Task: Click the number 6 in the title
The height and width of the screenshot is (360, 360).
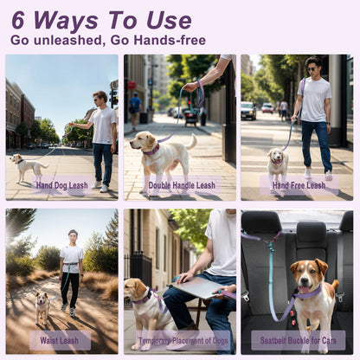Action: pos(18,20)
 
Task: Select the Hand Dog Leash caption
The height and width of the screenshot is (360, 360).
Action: pos(62,185)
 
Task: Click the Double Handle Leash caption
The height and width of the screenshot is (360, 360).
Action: pos(182,185)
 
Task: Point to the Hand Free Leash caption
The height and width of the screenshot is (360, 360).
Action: pos(299,185)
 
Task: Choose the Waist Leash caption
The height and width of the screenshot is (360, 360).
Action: pos(60,340)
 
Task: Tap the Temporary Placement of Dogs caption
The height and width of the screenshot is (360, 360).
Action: pos(183,341)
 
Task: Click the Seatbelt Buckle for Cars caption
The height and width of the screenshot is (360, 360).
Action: pos(299,341)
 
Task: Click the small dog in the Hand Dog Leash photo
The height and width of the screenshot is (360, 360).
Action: pos(29,166)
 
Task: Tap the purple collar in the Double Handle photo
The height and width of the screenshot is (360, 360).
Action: pos(152,150)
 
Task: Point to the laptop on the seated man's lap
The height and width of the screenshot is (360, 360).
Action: pos(195,287)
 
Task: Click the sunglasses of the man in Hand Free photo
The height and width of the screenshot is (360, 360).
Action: pos(312,68)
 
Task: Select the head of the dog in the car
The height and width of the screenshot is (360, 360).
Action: pos(308,275)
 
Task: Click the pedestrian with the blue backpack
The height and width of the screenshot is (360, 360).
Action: pos(135,111)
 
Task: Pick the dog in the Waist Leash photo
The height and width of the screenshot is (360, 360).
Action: pos(42,307)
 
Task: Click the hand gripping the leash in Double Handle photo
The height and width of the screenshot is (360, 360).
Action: pos(191,87)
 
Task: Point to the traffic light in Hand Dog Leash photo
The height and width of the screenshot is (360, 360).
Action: pos(114,100)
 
